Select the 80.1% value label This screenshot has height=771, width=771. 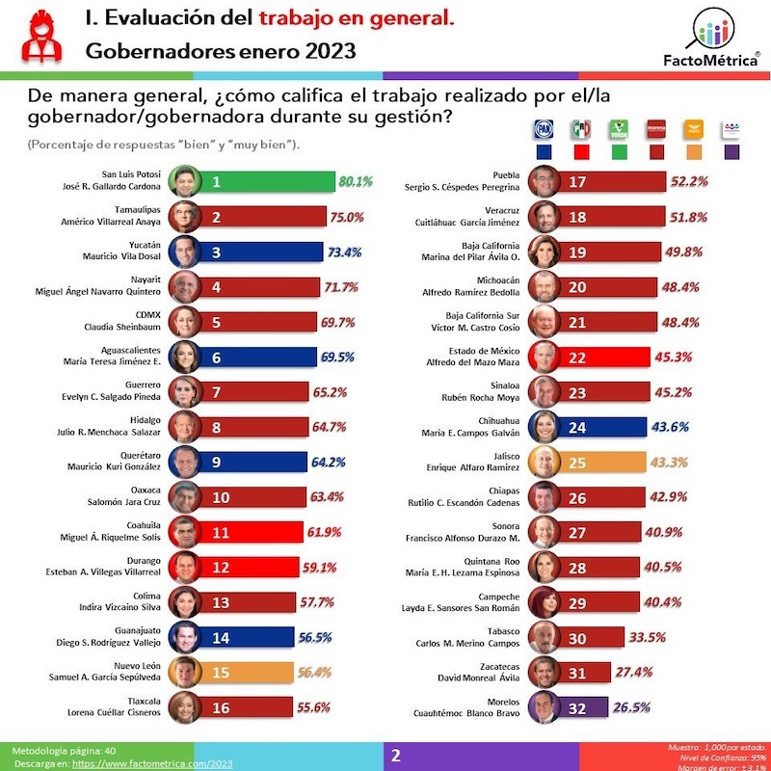click(355, 181)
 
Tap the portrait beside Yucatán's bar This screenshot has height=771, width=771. click(185, 252)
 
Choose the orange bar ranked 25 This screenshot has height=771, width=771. click(617, 462)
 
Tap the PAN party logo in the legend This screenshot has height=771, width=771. click(545, 130)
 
